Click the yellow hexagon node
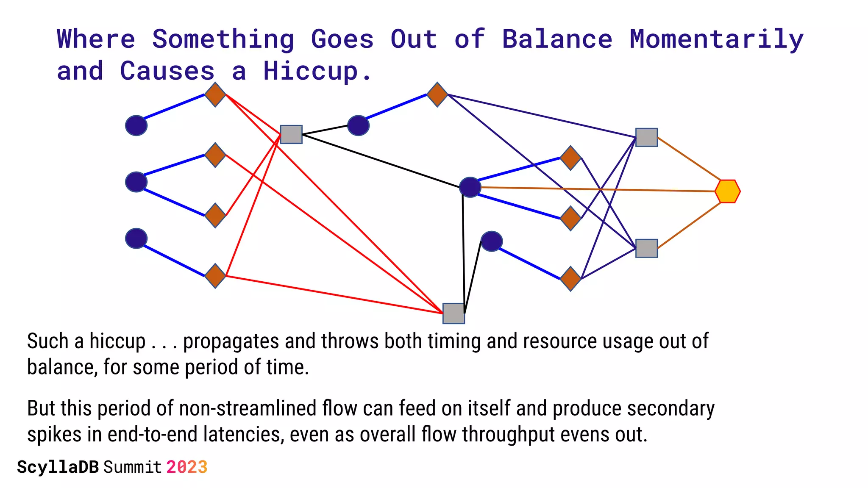tap(727, 191)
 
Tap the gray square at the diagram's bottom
tap(453, 313)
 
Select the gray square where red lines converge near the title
tap(291, 134)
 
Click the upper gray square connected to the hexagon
tap(646, 137)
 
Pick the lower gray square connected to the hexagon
tap(646, 248)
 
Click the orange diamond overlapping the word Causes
tap(215, 94)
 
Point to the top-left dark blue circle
tap(136, 125)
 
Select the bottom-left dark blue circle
tap(136, 238)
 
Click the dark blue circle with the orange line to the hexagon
tap(470, 187)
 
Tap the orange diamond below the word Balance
tap(570, 158)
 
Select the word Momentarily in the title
tap(716, 39)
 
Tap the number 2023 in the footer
tap(186, 467)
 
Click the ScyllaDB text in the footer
tap(58, 467)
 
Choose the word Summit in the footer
tap(133, 467)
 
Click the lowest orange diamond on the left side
tap(215, 276)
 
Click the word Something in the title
tap(223, 39)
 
